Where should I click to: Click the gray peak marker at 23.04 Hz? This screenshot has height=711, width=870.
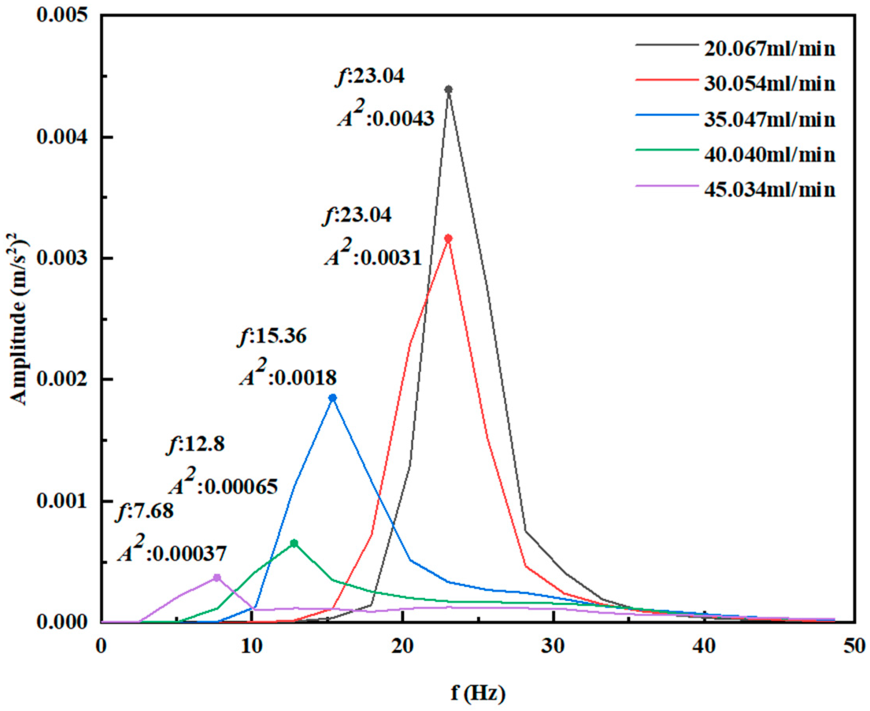coord(448,89)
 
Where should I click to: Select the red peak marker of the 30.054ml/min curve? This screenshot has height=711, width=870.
coord(448,238)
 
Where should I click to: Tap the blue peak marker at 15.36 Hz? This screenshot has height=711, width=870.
coord(333,398)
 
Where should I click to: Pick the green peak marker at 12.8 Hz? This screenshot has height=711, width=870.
coord(294,543)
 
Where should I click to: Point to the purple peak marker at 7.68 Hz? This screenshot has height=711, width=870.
coord(217,578)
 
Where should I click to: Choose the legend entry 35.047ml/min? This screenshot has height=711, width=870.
coord(769,120)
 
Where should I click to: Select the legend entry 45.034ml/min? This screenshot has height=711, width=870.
coord(769,190)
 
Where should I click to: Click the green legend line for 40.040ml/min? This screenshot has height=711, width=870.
coord(666,150)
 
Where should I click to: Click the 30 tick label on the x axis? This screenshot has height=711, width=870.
coord(554,646)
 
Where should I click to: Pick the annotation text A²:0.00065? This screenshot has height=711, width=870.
coord(224,485)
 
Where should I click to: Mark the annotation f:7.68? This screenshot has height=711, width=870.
coord(145,511)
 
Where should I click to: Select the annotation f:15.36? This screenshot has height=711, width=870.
coord(272,337)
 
